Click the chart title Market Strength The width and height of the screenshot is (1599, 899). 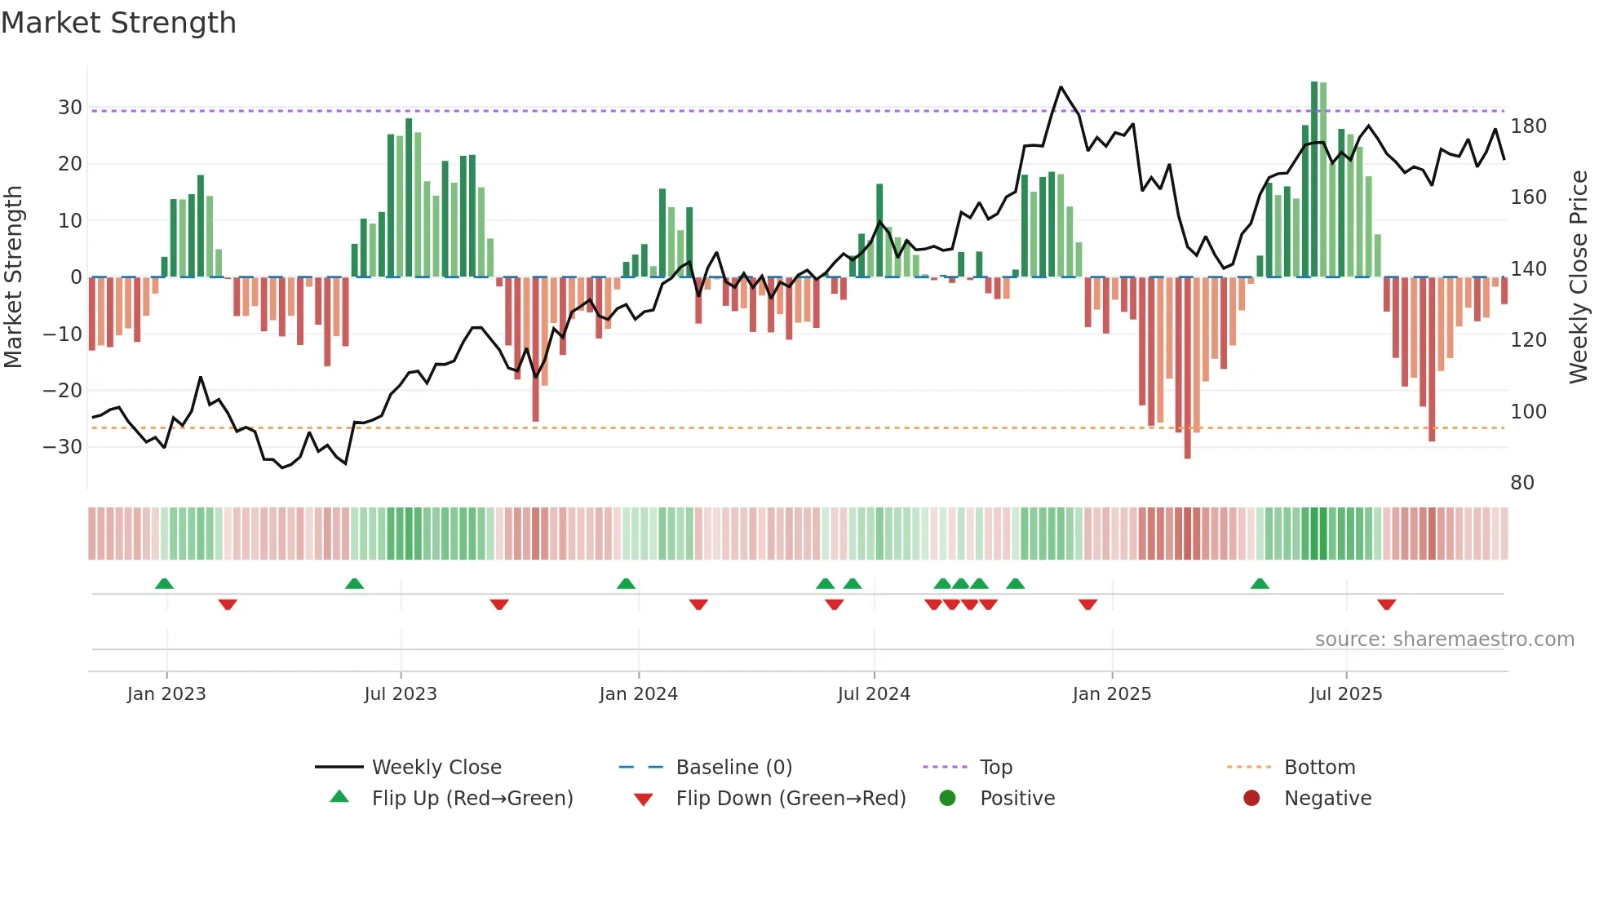tap(118, 23)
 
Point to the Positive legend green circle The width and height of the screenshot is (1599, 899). tap(947, 798)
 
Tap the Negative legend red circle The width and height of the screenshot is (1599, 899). tap(1251, 798)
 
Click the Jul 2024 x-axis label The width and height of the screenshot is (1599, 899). tap(873, 693)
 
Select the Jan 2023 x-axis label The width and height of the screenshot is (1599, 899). tap(166, 693)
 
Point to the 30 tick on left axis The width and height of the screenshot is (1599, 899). tap(70, 108)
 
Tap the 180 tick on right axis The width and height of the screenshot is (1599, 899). tap(1528, 126)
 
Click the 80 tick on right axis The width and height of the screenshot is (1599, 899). tap(1521, 482)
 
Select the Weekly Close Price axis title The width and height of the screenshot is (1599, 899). tap(1579, 277)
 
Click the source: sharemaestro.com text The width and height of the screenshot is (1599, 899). tap(1444, 640)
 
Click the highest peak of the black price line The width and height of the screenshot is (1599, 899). tap(1061, 87)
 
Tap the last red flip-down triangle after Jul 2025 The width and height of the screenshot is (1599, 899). tap(1386, 604)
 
